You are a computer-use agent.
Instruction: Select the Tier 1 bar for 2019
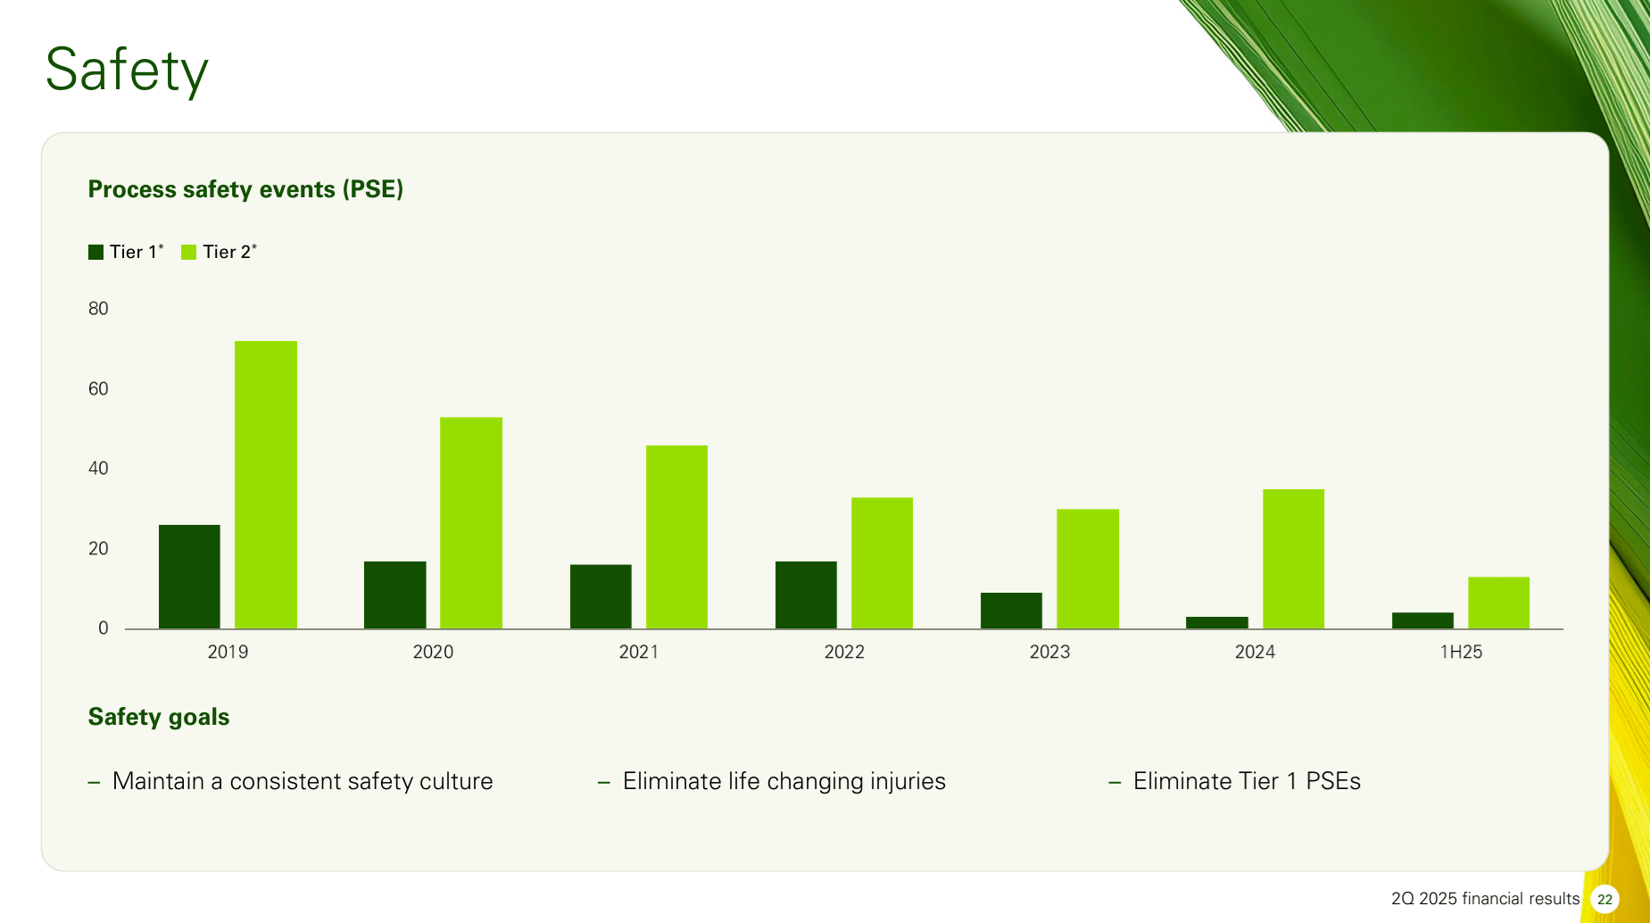click(x=189, y=577)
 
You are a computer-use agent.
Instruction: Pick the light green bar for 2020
click(x=471, y=523)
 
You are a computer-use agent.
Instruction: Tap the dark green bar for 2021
click(x=601, y=596)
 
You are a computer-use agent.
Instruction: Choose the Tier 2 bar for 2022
click(x=882, y=563)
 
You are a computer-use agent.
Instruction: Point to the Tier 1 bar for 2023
click(x=1011, y=611)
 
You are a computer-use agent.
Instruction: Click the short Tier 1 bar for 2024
click(x=1216, y=622)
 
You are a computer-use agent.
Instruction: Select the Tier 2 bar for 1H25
click(x=1498, y=603)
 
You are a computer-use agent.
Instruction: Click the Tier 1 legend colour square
click(x=96, y=253)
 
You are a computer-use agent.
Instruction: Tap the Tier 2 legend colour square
click(x=188, y=253)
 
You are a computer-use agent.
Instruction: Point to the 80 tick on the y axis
click(x=98, y=309)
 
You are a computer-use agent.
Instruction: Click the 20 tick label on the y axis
click(x=98, y=549)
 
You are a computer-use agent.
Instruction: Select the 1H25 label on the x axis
click(x=1461, y=653)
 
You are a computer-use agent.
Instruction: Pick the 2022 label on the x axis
click(x=844, y=653)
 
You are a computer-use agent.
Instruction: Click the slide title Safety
click(x=127, y=71)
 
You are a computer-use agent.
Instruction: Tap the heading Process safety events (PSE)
click(x=245, y=189)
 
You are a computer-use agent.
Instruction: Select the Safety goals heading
click(x=159, y=717)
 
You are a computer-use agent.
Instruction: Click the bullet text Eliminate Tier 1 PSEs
click(x=1247, y=782)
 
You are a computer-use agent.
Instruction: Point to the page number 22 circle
click(x=1604, y=899)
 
